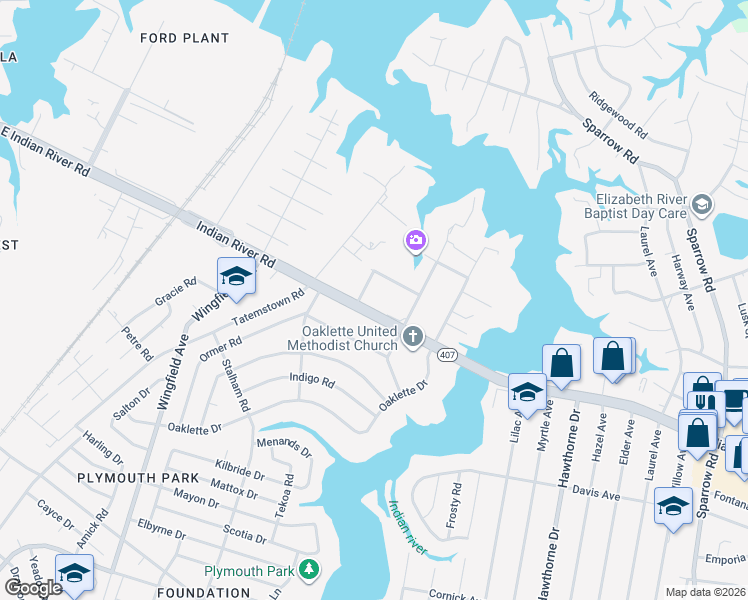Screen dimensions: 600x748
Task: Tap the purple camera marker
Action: [415, 240]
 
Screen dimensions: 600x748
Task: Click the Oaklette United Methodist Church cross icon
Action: [415, 337]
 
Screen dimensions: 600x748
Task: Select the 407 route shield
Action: [447, 354]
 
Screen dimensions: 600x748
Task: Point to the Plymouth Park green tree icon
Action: [310, 570]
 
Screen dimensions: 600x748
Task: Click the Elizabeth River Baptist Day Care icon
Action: [702, 205]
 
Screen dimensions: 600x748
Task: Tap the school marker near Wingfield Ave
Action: [235, 276]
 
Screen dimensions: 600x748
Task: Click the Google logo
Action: [32, 588]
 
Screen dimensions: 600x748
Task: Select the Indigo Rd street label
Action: [311, 380]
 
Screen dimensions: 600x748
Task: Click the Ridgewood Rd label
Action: [618, 116]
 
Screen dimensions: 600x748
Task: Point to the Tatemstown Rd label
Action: [267, 309]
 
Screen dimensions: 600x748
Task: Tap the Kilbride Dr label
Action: [240, 470]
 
